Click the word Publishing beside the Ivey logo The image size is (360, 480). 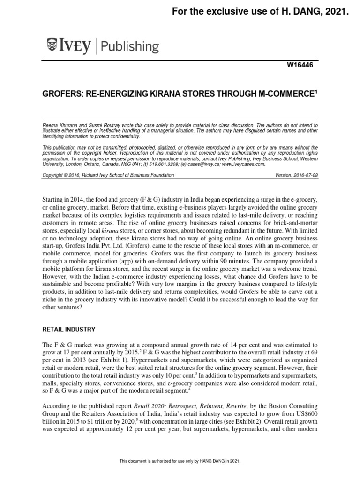click(x=130, y=46)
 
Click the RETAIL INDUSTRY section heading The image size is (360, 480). click(x=69, y=330)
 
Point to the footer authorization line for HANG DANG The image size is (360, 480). click(x=180, y=462)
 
